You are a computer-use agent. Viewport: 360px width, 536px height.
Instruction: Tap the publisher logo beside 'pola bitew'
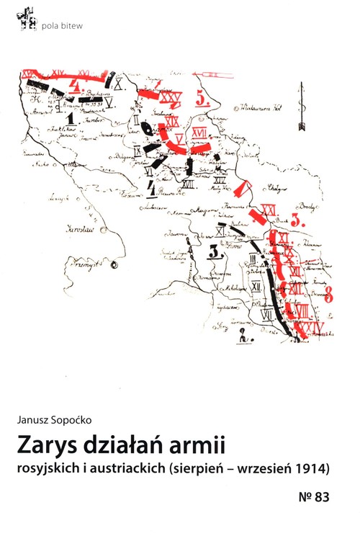tap(28, 21)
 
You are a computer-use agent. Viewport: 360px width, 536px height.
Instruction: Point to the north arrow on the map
tap(302, 107)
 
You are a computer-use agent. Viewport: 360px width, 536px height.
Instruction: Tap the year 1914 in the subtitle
tap(311, 468)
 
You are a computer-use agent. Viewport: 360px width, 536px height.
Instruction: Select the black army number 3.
tap(215, 251)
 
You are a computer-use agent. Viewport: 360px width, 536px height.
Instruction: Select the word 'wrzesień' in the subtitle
tap(265, 468)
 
